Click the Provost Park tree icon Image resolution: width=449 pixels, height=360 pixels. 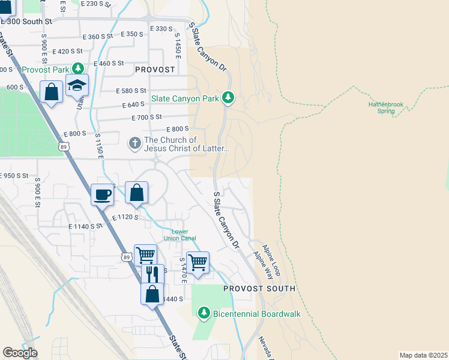[x=77, y=69]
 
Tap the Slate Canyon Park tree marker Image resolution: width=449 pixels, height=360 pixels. [x=228, y=97]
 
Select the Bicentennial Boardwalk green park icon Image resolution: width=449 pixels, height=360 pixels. [x=204, y=313]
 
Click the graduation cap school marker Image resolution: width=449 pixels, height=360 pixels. [x=77, y=86]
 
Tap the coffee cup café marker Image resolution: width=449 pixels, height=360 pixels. [x=102, y=194]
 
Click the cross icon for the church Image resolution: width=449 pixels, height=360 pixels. [x=135, y=143]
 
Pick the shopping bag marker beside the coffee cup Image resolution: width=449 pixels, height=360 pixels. [x=137, y=193]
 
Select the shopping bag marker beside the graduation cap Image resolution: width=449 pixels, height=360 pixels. [x=52, y=92]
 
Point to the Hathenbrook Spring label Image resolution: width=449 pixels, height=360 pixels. [x=386, y=107]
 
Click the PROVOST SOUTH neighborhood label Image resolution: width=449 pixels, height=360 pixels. [x=259, y=289]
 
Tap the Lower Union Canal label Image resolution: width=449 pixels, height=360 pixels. [x=184, y=235]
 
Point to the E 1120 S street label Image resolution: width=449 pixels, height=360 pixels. [x=125, y=217]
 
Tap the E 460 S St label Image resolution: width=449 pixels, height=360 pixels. [x=109, y=63]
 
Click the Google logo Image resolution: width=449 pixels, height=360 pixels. [x=20, y=353]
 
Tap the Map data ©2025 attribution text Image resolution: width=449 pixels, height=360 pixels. [x=423, y=355]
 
